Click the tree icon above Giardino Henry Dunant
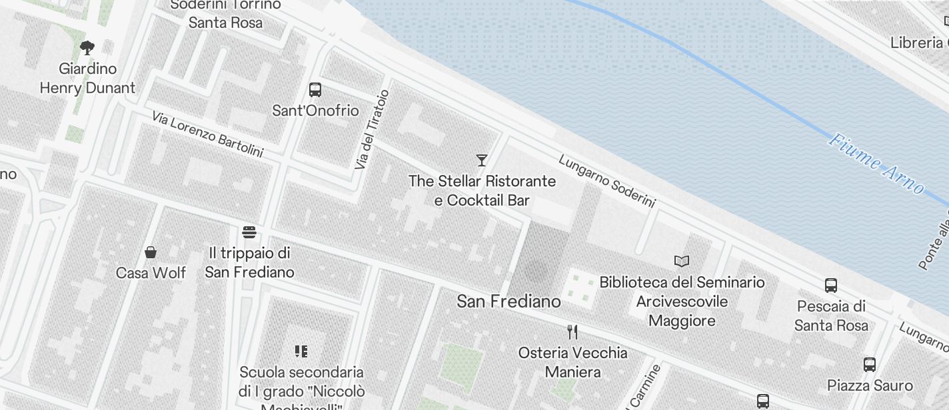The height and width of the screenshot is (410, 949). [87, 47]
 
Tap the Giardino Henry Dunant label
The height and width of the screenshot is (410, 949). [87, 79]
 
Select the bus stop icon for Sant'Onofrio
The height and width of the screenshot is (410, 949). [315, 90]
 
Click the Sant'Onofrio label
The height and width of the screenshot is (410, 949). [315, 110]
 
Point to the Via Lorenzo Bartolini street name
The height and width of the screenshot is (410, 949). [207, 134]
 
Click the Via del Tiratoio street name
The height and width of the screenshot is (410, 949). [371, 129]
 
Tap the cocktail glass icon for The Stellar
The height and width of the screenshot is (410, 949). [482, 160]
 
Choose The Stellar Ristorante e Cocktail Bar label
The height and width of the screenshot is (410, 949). [482, 190]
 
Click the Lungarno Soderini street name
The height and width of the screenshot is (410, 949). [606, 181]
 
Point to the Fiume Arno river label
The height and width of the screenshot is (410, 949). [876, 164]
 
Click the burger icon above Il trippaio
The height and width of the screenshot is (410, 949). [249, 232]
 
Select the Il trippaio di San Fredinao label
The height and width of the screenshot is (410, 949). [249, 263]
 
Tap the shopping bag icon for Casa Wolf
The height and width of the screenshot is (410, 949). [151, 252]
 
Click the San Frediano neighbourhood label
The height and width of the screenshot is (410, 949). [508, 302]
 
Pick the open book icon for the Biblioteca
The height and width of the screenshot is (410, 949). [682, 261]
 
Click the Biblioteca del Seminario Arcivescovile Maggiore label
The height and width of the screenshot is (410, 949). [682, 302]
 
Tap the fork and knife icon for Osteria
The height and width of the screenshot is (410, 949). [572, 331]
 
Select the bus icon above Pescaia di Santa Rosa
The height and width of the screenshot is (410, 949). [831, 286]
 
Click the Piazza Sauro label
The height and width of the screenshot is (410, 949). [870, 385]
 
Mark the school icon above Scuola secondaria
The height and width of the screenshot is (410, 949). [301, 351]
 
